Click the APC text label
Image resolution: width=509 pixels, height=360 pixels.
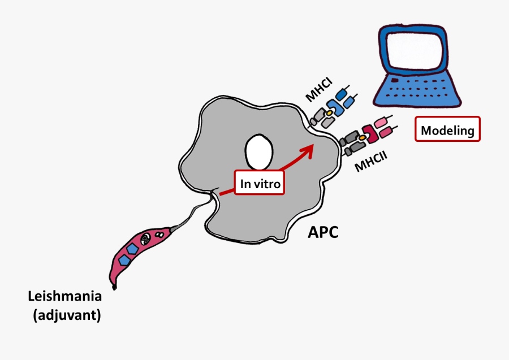coord(323,232)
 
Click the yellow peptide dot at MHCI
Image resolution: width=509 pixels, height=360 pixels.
coord(329,113)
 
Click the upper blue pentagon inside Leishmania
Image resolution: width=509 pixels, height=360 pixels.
coord(133,249)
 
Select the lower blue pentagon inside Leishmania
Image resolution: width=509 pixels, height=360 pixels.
coord(123,260)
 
